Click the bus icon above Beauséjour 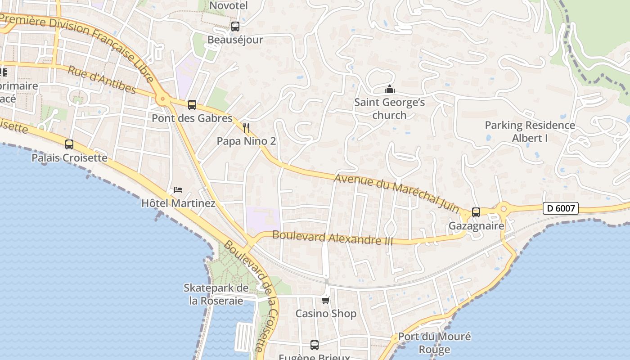(x=235, y=27)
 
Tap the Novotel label (x=229, y=5)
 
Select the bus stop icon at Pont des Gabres (x=192, y=105)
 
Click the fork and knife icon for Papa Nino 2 (x=246, y=128)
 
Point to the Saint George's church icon (x=390, y=90)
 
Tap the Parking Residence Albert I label (x=530, y=131)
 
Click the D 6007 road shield (x=560, y=209)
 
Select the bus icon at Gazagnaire (x=476, y=212)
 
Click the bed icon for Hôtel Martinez (x=178, y=190)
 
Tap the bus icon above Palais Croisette (x=69, y=144)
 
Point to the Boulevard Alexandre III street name (x=333, y=238)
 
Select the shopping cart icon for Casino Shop (x=326, y=300)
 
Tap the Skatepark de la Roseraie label (x=216, y=294)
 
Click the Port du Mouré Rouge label (x=434, y=343)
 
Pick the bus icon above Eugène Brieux (x=315, y=345)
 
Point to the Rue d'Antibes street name (x=102, y=80)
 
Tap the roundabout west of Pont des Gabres (x=162, y=99)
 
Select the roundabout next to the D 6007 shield (x=503, y=208)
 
